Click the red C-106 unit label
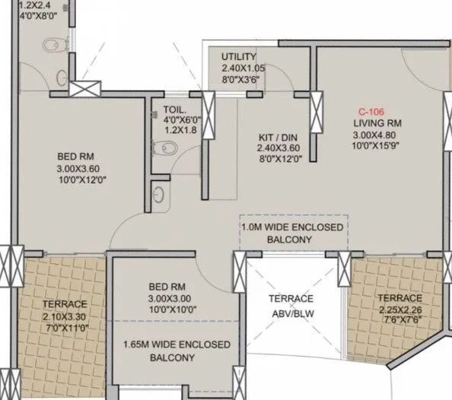tap(371, 110)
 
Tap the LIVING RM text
tap(377, 123)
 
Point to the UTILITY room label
tap(238, 58)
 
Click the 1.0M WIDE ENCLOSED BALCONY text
tap(291, 233)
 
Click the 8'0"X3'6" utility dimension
tap(238, 79)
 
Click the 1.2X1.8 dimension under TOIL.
tap(180, 130)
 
